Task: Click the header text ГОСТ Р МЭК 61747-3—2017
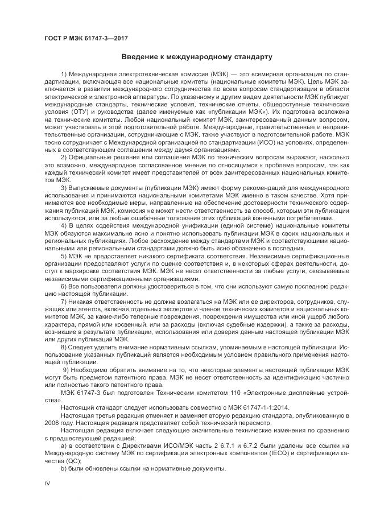pyautogui.click(x=85, y=38)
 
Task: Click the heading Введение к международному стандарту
pyautogui.click(x=196, y=57)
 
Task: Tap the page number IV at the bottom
pyautogui.click(x=48, y=482)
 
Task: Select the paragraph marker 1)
pyautogui.click(x=63, y=75)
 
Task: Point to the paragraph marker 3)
pyautogui.click(x=63, y=187)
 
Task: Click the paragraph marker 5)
pyautogui.click(x=63, y=256)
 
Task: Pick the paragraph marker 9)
pyautogui.click(x=64, y=370)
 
